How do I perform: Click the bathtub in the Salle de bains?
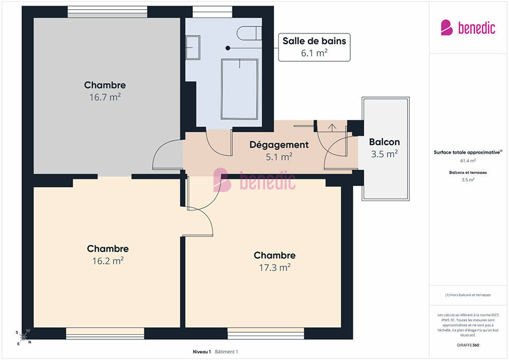[240, 89]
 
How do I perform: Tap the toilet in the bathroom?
[249, 33]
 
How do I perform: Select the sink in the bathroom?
[192, 47]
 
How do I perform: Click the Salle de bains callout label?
[314, 47]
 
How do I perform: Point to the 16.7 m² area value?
[105, 97]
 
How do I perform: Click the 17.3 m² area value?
[275, 267]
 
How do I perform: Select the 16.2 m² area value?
[108, 261]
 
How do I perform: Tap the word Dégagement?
[279, 145]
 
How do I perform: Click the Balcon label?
[385, 142]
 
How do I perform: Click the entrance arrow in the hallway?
[332, 128]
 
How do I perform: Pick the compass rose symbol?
[24, 337]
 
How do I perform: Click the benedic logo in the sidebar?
[468, 28]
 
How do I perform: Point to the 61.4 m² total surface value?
[468, 160]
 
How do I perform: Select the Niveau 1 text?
[202, 352]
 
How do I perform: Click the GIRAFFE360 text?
[468, 345]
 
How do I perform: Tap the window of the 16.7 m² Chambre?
[107, 12]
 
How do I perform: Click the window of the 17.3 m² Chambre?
[265, 333]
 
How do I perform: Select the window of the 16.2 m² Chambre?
[105, 333]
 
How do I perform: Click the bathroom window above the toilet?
[213, 12]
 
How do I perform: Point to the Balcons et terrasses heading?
[468, 172]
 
